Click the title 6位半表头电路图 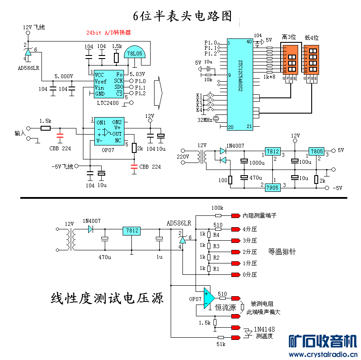point(182,16)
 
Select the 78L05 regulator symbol point(134,53)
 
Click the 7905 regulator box point(272,187)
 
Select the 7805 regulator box point(316,152)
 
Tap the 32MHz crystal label point(205,120)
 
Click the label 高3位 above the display point(289,38)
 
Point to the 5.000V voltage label point(63,76)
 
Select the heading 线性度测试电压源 point(107,299)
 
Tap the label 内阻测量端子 point(259,215)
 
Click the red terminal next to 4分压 point(236,229)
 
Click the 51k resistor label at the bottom point(221,345)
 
